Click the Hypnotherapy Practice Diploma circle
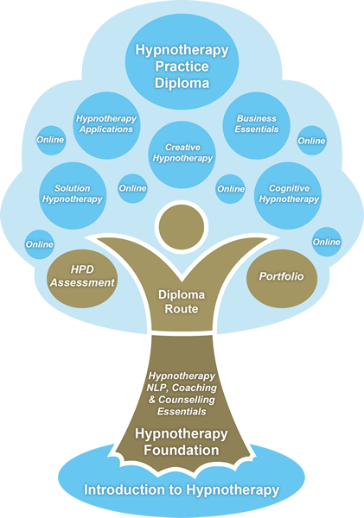[182, 61]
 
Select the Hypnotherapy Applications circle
[106, 125]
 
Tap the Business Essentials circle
[257, 125]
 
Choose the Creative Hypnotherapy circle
[182, 155]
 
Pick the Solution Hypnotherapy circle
[73, 196]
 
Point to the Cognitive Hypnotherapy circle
[288, 196]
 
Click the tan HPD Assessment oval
[82, 279]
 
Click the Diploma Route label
[182, 301]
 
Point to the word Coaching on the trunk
[195, 388]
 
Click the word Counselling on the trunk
[187, 400]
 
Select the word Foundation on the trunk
[182, 451]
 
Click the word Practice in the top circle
[182, 66]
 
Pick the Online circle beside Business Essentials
[312, 141]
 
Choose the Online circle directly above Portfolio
[327, 242]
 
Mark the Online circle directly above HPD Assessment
[40, 244]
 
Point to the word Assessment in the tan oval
[82, 283]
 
